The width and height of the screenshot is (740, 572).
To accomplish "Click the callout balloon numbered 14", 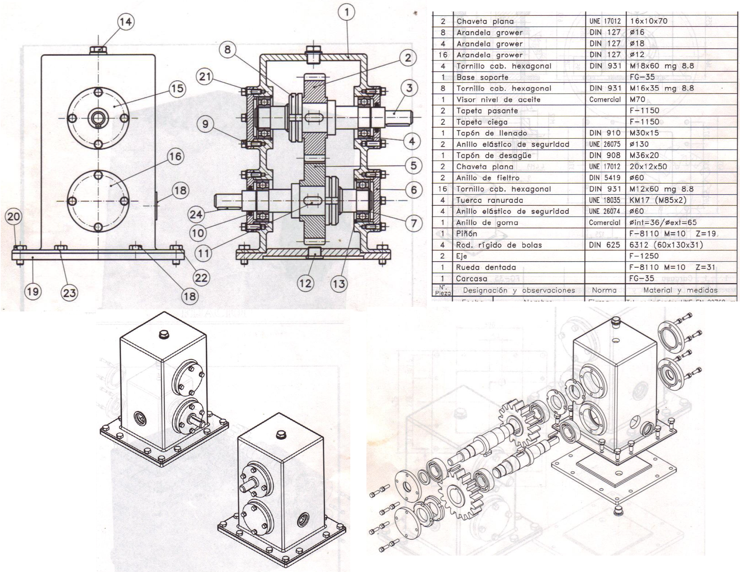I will click(x=125, y=22).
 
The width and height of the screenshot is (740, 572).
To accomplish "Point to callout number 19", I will click(x=33, y=291).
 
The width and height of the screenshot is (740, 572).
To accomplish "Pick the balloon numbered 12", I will click(x=305, y=283).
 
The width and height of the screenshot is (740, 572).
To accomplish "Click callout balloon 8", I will click(x=228, y=49).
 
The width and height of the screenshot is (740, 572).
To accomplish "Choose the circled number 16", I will click(x=175, y=157).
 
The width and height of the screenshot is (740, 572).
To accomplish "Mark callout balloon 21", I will click(x=205, y=77).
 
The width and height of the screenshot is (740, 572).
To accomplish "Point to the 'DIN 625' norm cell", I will click(x=604, y=245).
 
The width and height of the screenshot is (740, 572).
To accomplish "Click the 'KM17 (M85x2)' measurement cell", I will click(x=658, y=200).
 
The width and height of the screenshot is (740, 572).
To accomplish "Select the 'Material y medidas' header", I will click(x=680, y=290).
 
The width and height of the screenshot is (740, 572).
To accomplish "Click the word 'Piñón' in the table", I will click(x=466, y=234).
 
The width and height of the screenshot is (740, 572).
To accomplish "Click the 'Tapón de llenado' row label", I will click(x=491, y=133).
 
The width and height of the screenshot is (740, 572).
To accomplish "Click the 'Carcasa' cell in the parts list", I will click(x=471, y=278).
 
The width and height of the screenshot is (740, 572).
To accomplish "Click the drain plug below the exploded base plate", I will click(x=618, y=510).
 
